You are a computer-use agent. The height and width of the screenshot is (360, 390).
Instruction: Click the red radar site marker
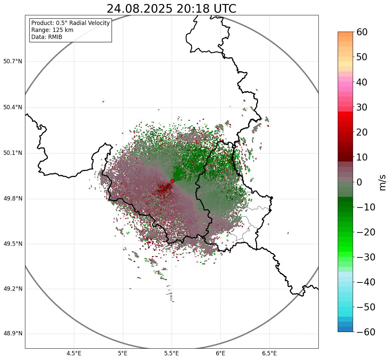click(172, 181)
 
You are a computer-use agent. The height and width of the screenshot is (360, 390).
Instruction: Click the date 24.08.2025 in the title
click(139, 9)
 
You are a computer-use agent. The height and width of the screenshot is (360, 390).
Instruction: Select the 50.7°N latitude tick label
click(13, 62)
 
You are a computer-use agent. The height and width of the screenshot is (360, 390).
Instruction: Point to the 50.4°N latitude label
click(13, 108)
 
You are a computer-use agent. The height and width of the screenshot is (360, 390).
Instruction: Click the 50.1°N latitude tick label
click(13, 153)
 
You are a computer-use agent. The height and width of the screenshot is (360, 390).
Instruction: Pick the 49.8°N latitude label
click(13, 199)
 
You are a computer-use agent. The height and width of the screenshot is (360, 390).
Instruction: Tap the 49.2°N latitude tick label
click(13, 289)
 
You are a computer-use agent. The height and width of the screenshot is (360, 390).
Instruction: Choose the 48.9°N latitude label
click(13, 334)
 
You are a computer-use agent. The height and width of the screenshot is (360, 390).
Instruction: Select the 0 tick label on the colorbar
click(359, 182)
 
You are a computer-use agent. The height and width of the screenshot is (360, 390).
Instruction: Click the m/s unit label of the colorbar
click(382, 182)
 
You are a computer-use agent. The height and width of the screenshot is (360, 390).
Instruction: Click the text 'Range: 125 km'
click(52, 30)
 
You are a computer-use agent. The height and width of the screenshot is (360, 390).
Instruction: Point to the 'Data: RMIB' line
click(47, 37)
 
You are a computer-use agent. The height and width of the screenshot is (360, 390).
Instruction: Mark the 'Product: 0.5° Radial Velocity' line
click(70, 23)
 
